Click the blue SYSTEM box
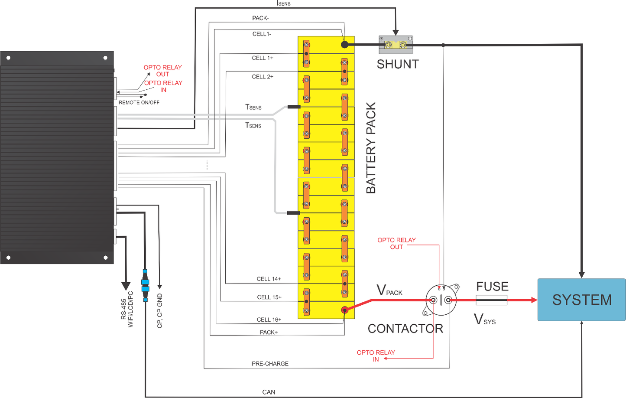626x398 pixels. pyautogui.click(x=581, y=300)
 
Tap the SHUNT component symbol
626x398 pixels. pyautogui.click(x=396, y=45)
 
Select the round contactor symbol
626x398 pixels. pyautogui.click(x=441, y=300)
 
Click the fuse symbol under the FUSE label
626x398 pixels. pyautogui.click(x=491, y=300)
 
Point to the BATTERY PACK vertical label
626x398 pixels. pyautogui.click(x=371, y=148)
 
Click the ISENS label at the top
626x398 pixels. pyautogui.click(x=283, y=3)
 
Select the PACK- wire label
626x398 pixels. pyautogui.click(x=260, y=18)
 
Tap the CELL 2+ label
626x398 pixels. pyautogui.click(x=263, y=77)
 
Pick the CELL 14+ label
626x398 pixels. pyautogui.click(x=269, y=279)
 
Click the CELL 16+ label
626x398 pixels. pyautogui.click(x=269, y=320)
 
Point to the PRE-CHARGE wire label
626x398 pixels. pyautogui.click(x=270, y=364)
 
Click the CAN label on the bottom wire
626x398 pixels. pyautogui.click(x=269, y=392)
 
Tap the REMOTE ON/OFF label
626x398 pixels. pyautogui.click(x=139, y=102)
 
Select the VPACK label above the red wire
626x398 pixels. pyautogui.click(x=389, y=290)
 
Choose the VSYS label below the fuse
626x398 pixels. pyautogui.click(x=484, y=320)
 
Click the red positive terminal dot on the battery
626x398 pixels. pyautogui.click(x=344, y=310)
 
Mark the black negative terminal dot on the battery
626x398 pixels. pyautogui.click(x=344, y=44)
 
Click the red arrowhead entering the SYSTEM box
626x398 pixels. pyautogui.click(x=534, y=300)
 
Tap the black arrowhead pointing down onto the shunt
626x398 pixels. pyautogui.click(x=396, y=33)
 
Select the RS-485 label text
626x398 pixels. pyautogui.click(x=124, y=309)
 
